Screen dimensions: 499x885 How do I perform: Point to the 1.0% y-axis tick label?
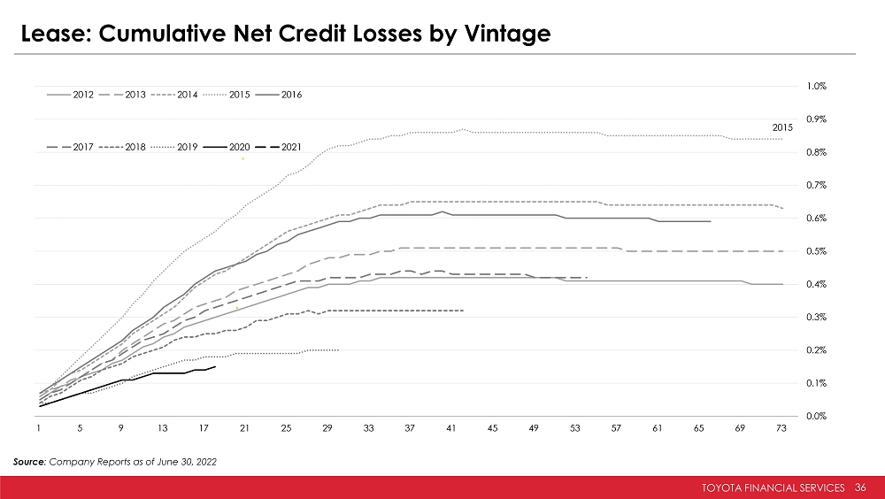point(816,86)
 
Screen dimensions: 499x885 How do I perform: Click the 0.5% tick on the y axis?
point(816,251)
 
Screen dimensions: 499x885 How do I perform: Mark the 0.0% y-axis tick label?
point(816,416)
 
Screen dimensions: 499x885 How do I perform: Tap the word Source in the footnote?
point(32,462)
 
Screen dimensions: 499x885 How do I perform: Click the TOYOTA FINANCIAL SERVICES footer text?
point(775,487)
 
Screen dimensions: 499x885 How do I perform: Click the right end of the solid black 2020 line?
point(215,366)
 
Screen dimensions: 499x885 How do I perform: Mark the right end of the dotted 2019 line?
point(338,350)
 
